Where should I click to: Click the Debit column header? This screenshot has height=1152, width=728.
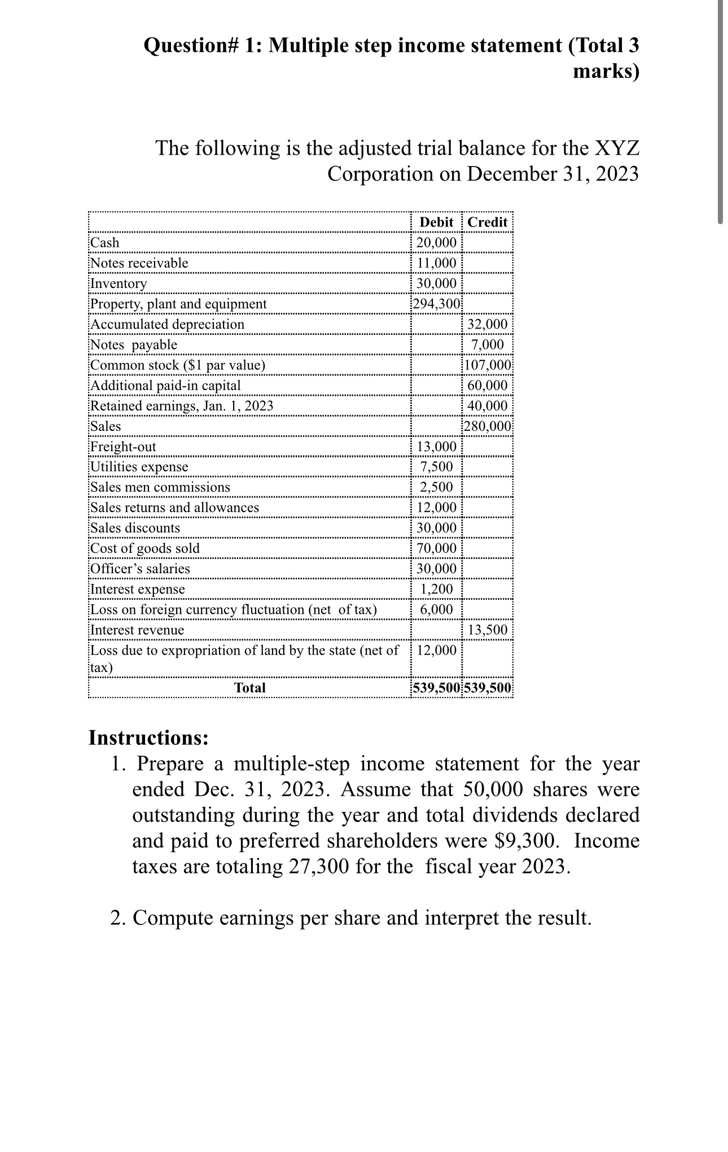coord(436,222)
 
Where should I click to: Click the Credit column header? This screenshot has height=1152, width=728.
coord(488,222)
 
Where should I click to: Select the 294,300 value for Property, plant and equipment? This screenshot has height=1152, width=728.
coord(436,304)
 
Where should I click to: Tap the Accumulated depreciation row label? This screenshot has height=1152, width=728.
coord(168,324)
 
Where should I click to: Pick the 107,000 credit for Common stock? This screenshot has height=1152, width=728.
coord(488,365)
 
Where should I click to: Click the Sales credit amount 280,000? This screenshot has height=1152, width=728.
coord(488,426)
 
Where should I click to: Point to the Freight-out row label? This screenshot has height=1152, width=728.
coord(124,447)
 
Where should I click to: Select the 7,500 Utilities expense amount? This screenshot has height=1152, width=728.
coord(436,467)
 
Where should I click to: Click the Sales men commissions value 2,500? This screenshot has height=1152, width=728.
coord(436,487)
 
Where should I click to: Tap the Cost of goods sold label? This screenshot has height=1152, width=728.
coord(145,548)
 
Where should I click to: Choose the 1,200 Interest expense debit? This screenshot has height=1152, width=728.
coord(436,589)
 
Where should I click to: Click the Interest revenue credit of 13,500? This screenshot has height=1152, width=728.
coord(488,630)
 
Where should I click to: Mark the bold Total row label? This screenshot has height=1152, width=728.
coord(250,688)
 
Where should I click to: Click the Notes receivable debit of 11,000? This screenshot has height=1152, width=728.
coord(436,263)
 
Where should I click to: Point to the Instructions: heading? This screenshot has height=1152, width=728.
coord(148,738)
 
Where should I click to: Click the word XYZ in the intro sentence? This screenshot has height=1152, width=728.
coord(617,148)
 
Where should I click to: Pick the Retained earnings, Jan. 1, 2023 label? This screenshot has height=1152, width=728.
coord(182,406)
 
